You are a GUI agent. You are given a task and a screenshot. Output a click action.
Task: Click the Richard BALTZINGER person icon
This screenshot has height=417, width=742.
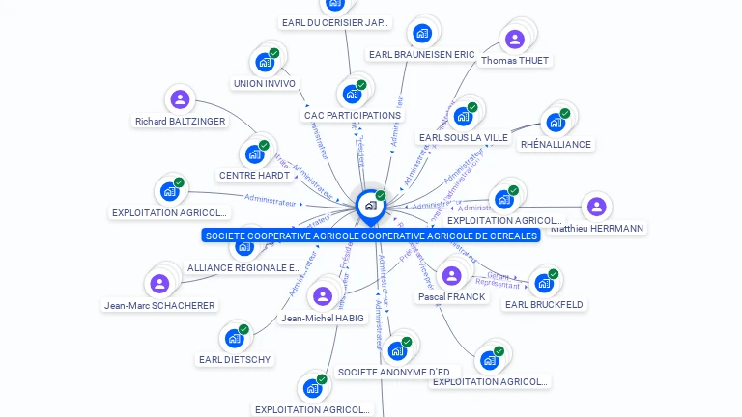point(180,99)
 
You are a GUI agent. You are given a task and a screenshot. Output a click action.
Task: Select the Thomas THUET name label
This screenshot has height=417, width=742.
point(515,61)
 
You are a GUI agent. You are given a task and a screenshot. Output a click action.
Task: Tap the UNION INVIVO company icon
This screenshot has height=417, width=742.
point(264,62)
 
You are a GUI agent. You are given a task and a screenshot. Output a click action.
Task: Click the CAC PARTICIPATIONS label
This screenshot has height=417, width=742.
point(353,116)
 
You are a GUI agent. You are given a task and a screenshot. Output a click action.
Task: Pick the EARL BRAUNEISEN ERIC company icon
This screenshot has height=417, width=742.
point(422,34)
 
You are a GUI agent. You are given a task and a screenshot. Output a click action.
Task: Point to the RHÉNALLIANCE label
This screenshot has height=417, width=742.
point(556,145)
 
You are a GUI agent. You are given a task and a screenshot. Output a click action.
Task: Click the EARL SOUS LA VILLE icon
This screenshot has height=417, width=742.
point(463,117)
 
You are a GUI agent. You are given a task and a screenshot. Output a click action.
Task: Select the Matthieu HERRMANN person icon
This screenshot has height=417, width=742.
point(596,207)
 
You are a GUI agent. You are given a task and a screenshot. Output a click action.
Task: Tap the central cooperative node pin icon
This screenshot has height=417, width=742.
point(370,206)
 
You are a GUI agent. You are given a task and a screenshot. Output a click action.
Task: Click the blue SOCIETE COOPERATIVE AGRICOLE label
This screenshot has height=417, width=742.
point(371,236)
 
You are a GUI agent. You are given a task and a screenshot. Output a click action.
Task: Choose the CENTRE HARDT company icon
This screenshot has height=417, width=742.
point(254,154)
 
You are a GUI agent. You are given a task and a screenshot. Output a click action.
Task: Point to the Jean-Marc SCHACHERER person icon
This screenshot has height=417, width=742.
point(159,284)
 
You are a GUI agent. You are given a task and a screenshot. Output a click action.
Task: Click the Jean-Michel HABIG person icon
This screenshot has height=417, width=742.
point(323,296)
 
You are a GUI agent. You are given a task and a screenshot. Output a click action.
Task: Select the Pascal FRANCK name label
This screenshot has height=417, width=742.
point(452,297)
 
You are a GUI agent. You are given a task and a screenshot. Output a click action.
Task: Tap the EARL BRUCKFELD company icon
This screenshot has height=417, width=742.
point(544,284)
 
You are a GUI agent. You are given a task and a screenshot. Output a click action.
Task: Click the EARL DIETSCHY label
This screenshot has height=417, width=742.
point(235,360)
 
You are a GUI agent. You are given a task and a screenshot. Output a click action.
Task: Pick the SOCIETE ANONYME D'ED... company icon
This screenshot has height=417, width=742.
point(396,350)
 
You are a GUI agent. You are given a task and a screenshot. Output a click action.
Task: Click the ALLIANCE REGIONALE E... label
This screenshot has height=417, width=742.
point(243,268)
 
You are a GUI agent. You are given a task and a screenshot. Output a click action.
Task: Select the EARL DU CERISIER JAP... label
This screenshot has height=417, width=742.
point(335,22)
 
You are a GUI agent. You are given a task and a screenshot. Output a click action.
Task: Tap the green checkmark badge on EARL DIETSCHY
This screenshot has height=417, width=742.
point(243,329)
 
